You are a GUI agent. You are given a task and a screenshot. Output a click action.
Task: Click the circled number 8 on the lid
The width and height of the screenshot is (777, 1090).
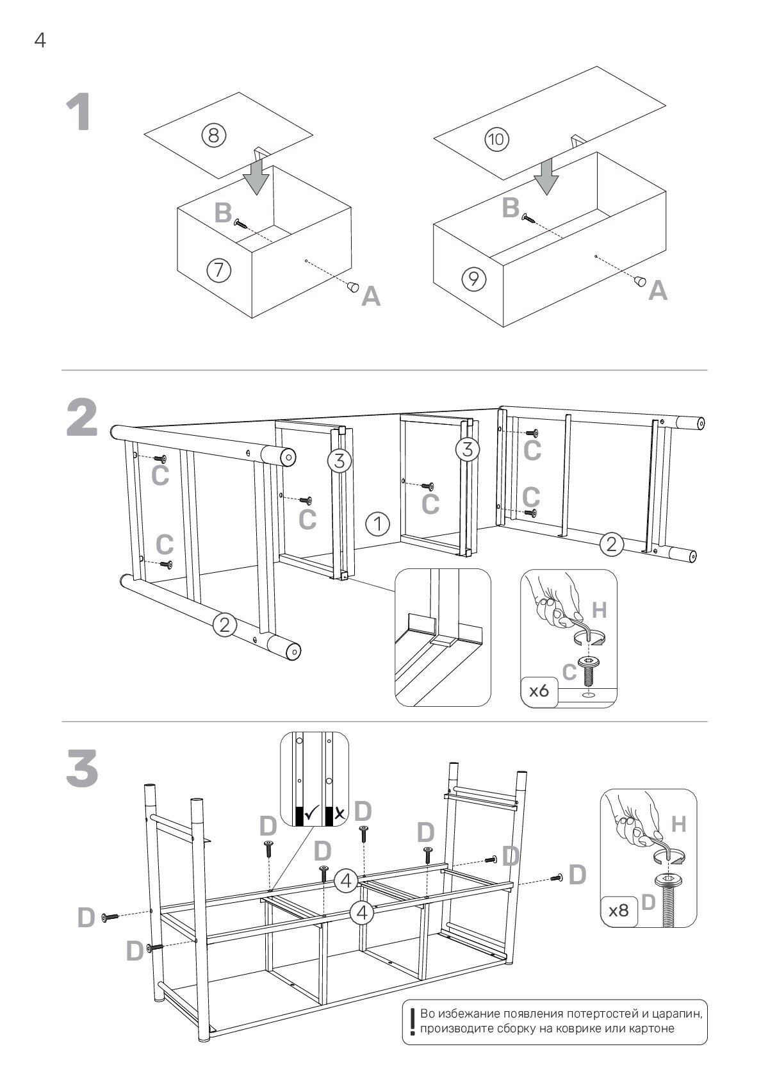coord(214,135)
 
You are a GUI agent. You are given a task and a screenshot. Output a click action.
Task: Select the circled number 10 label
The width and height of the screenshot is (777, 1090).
coord(498,139)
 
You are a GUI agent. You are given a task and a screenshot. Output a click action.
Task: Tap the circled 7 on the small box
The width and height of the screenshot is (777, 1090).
coord(218,270)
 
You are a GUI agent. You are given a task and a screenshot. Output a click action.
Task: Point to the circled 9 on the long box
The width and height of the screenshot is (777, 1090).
coord(473,278)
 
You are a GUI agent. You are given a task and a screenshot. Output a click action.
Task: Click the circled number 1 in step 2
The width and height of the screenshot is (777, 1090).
coord(378,524)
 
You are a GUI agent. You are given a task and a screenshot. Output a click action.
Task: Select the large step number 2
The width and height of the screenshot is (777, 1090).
coord(83,418)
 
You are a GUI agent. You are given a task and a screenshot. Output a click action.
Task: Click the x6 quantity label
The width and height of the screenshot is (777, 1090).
coord(539,691)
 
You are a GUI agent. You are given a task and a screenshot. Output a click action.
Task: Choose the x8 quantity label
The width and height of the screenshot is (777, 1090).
coord(618,910)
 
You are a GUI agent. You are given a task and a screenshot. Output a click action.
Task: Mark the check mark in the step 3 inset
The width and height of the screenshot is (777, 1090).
coord(313,814)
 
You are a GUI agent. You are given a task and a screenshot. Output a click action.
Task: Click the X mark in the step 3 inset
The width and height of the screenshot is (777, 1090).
coord(339,814)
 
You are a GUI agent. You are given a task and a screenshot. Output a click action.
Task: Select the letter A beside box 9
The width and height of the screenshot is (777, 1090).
coord(658,292)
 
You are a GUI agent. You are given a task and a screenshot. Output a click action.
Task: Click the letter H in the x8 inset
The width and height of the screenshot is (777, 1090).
coord(678,825)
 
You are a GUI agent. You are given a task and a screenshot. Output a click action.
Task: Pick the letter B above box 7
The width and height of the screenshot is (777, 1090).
coord(222,213)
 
